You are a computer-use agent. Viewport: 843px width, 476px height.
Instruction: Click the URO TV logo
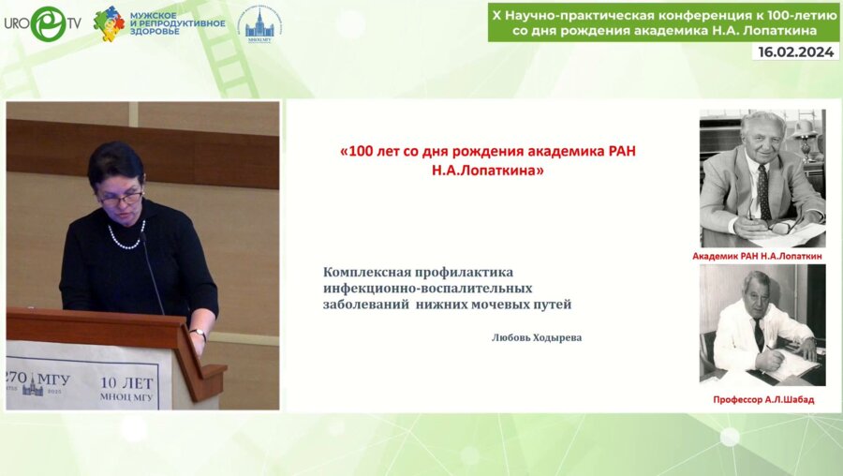41,22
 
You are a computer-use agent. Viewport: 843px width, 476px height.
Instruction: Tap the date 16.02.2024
794,52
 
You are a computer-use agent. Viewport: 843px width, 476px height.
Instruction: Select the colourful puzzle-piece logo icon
110,22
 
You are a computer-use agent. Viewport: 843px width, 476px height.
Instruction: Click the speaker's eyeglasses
123,198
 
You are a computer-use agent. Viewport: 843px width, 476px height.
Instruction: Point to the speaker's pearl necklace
126,238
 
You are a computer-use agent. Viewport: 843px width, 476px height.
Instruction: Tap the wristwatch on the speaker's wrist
198,332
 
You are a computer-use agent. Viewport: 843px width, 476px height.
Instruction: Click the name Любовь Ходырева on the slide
536,337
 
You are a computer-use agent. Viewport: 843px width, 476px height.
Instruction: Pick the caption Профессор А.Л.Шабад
762,399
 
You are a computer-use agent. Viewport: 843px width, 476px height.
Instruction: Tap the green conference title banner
663,22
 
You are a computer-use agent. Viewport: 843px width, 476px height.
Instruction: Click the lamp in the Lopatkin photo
804,131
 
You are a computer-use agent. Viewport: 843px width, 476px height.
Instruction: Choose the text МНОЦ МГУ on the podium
127,397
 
